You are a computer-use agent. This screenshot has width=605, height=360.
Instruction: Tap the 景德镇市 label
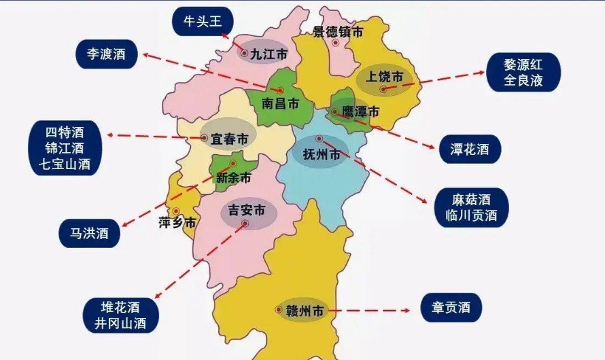coord(338,31)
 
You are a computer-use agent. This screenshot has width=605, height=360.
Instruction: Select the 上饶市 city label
coord(385,76)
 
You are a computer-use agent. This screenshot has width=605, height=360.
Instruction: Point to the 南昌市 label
coord(281,105)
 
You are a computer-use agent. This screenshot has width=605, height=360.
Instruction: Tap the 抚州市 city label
coord(322,155)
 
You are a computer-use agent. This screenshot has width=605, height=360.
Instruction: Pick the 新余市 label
coord(233,179)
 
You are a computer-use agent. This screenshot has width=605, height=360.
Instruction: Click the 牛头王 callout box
coord(203,22)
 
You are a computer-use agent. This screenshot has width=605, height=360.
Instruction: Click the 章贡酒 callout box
coord(451,308)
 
